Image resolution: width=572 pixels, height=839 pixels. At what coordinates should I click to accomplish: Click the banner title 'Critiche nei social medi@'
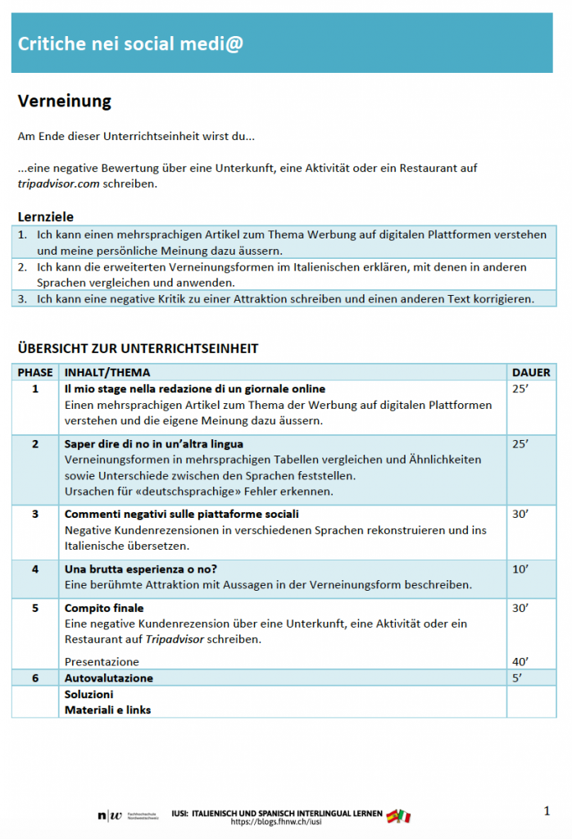(130, 43)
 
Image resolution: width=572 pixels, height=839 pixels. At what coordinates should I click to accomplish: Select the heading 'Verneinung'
(64, 102)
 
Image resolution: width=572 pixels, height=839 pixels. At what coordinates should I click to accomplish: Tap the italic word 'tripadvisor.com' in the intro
(58, 184)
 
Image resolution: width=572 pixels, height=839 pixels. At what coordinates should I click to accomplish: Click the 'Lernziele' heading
(46, 217)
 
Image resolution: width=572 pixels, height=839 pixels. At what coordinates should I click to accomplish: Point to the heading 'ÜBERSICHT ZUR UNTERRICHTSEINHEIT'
(138, 348)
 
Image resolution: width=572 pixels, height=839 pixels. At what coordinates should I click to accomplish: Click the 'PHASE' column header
(35, 372)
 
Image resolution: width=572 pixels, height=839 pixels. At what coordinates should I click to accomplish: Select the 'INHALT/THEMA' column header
(107, 372)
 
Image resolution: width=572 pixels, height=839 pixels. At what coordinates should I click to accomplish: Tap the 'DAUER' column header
(531, 372)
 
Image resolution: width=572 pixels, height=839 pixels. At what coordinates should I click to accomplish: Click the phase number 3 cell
(35, 514)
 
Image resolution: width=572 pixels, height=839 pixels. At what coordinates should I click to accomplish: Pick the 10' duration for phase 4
(520, 569)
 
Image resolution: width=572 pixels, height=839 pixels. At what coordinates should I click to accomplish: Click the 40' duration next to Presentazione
(520, 661)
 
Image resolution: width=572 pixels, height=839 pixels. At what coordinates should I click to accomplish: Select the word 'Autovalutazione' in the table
(109, 678)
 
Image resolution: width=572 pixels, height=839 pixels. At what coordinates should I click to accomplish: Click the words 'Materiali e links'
(107, 710)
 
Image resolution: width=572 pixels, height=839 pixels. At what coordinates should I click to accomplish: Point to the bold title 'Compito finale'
(104, 608)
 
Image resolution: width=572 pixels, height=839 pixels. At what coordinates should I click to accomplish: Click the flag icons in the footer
(399, 815)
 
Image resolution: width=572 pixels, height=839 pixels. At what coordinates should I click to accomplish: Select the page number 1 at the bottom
(547, 811)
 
